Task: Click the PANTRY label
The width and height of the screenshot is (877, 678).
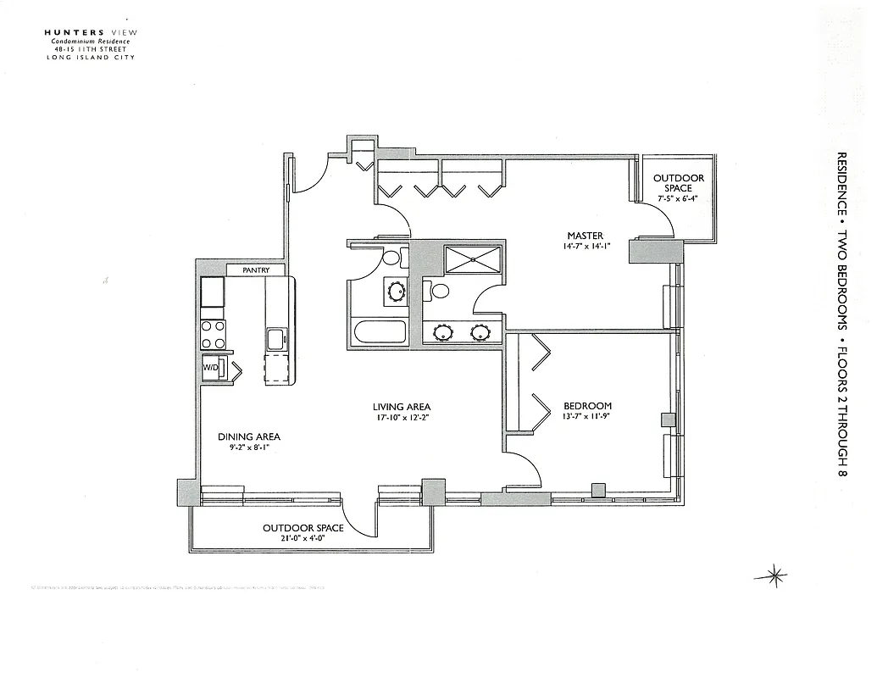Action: pyautogui.click(x=256, y=270)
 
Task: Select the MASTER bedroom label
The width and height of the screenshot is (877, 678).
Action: pyautogui.click(x=585, y=236)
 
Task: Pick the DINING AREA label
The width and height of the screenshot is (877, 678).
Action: pyautogui.click(x=248, y=437)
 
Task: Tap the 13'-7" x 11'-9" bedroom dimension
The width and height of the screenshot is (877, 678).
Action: pyautogui.click(x=587, y=416)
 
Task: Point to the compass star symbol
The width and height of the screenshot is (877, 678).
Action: pyautogui.click(x=770, y=575)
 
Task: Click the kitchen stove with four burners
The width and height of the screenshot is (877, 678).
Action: pyautogui.click(x=214, y=334)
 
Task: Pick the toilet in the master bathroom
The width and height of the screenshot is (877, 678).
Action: pyautogui.click(x=438, y=291)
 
